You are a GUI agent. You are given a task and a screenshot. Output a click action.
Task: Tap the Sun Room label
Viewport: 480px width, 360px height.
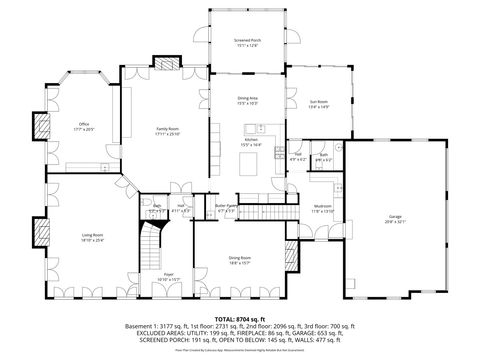[x=318, y=104]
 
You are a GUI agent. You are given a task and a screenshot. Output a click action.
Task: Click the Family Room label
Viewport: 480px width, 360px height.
[x=166, y=130]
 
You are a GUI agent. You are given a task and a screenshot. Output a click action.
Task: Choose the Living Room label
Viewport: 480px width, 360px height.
[x=93, y=237]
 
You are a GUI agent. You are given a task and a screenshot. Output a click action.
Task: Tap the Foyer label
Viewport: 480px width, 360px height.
[x=168, y=275]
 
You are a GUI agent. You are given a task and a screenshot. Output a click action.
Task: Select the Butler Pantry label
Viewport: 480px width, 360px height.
[x=225, y=209]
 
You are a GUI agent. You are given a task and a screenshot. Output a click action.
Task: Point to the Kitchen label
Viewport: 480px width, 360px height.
[x=248, y=142]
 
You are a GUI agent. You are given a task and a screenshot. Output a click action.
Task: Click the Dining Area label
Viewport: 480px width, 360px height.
[x=248, y=99]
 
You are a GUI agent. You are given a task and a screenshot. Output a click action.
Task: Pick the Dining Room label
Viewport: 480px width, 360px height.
[x=239, y=260]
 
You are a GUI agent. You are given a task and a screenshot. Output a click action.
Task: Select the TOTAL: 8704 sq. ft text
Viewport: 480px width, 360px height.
[x=240, y=318]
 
